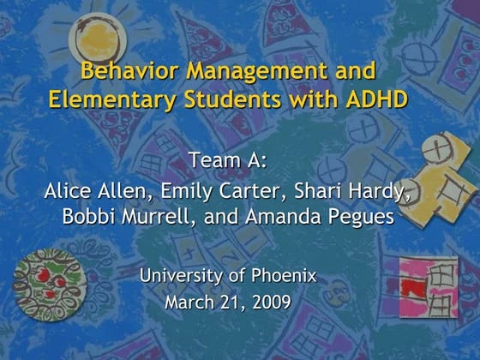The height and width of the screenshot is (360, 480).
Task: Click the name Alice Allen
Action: pyautogui.click(x=90, y=190)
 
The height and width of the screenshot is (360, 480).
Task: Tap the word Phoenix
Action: pyautogui.click(x=285, y=275)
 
